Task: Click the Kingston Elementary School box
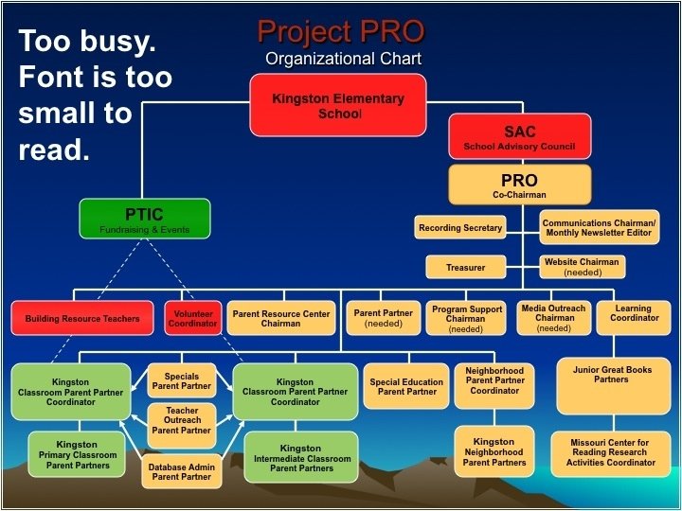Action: (338, 104)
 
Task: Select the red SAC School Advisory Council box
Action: (519, 137)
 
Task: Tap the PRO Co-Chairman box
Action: (519, 185)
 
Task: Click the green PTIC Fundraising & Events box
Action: (145, 218)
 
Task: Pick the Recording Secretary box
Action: (460, 228)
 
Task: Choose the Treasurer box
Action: (465, 268)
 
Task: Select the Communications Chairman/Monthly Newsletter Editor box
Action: (599, 228)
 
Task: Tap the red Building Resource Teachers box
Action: (82, 319)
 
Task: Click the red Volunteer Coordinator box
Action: (193, 318)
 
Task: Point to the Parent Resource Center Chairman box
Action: (281, 318)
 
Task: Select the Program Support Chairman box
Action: (466, 318)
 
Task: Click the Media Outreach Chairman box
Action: (554, 318)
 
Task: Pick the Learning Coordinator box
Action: (633, 317)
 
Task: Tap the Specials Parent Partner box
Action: (182, 381)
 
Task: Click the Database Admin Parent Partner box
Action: (182, 471)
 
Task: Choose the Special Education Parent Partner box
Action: (407, 387)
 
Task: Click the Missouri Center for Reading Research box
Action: (609, 452)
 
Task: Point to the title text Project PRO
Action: (341, 33)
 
